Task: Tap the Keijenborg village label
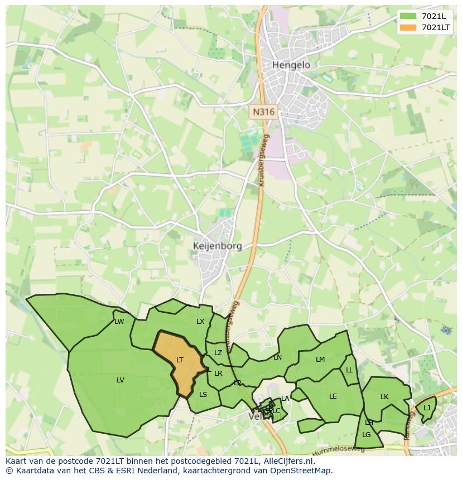pos(217,246)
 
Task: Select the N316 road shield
pos(263,112)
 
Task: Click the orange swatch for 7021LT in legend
pos(408,27)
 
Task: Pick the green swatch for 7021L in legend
pos(408,16)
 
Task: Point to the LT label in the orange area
pos(180,360)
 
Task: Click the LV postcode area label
pos(121,380)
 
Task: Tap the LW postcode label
pos(119,322)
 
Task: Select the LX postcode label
pos(200,322)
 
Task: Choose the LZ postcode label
pos(218,353)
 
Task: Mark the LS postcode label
pos(203,395)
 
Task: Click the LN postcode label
pos(277,357)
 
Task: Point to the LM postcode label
pos(320,360)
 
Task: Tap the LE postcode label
pos(333,396)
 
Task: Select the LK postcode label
pos(384,397)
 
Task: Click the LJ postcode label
pos(427,408)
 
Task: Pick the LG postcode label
pos(367,435)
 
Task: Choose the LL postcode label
pos(349,370)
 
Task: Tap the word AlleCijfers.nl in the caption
pos(289,462)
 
